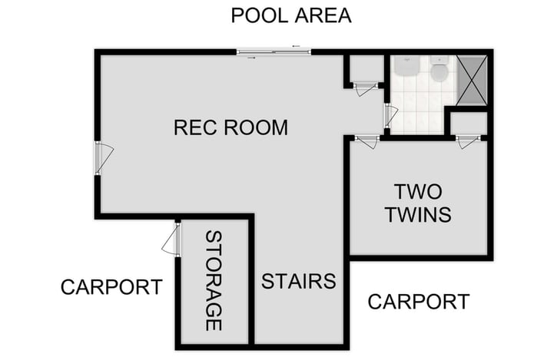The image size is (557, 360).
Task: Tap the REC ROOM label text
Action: pos(230,127)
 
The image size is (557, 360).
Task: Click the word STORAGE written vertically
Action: pos(214,281)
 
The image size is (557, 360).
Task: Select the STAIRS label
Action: pos(298,281)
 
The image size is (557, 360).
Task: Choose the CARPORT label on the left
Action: pos(111,287)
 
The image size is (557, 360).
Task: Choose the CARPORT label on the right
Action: pos(418,302)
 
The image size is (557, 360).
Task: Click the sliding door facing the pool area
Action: pos(274,51)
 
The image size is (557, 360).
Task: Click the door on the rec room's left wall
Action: pos(101,157)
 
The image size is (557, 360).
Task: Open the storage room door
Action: pos(172,244)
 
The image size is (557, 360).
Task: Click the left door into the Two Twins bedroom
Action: pos(367,141)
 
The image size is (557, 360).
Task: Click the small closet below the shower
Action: pos(468,123)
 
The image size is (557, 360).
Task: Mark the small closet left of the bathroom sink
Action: pos(366,68)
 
